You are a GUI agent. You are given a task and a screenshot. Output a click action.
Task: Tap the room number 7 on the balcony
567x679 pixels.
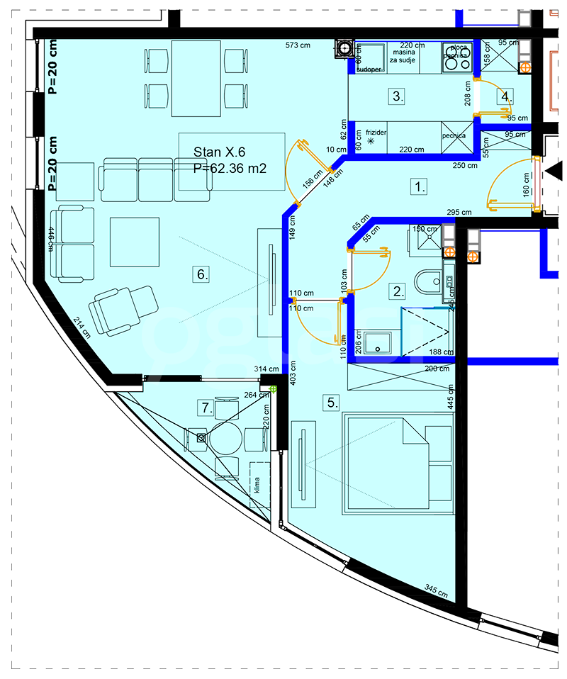pyautogui.click(x=206, y=408)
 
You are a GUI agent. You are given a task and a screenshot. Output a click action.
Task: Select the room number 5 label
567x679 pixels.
pyautogui.click(x=332, y=403)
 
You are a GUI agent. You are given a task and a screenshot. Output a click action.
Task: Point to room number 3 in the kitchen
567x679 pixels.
pyautogui.click(x=398, y=96)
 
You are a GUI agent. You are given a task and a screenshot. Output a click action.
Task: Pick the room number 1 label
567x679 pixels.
pyautogui.click(x=420, y=187)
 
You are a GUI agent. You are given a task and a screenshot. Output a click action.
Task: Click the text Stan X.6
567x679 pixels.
pyautogui.click(x=219, y=152)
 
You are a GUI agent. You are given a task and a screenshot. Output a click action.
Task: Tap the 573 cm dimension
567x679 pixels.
pyautogui.click(x=298, y=46)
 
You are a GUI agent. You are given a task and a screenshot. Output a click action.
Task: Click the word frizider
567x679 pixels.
pyautogui.click(x=376, y=133)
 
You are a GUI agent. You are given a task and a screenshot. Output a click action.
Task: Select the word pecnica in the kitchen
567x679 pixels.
pyautogui.click(x=454, y=135)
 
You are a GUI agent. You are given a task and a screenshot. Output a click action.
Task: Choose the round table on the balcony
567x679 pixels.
pyautogui.click(x=225, y=439)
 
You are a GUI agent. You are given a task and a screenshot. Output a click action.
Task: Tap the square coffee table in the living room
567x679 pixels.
pyautogui.click(x=134, y=241)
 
